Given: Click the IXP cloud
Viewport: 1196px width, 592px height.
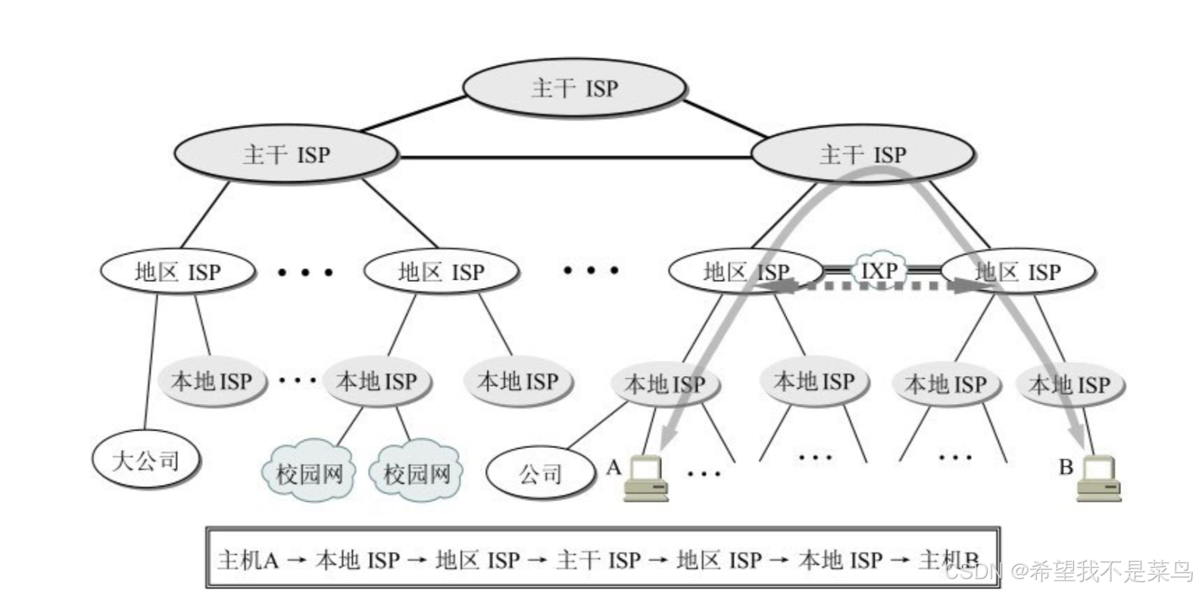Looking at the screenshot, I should [x=879, y=270].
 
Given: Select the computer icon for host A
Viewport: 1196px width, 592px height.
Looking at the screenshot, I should [x=645, y=480].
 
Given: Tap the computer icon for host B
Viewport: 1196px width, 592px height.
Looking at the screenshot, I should [x=1099, y=480].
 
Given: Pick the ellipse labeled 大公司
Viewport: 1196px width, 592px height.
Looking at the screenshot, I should [x=145, y=459].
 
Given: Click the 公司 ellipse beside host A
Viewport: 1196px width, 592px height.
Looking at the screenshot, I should [x=540, y=474].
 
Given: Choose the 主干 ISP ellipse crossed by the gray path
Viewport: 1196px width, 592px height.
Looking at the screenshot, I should [x=862, y=155].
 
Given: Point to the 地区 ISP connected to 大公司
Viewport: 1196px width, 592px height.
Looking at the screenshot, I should [x=177, y=272].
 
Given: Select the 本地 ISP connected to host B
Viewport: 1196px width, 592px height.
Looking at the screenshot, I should [x=1069, y=384].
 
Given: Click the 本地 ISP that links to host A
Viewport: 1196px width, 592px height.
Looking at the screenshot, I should [x=664, y=384].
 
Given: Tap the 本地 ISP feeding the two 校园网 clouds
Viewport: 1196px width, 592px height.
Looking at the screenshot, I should [x=376, y=381].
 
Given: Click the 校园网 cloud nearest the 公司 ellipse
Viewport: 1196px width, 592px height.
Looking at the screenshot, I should [x=417, y=474].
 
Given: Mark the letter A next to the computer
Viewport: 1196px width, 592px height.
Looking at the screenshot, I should [x=614, y=468].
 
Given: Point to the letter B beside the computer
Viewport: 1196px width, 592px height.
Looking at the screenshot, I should [x=1066, y=467].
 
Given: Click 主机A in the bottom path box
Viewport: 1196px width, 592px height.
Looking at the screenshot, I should [x=248, y=560].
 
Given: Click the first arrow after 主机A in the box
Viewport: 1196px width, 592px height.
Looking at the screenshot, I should [x=297, y=561].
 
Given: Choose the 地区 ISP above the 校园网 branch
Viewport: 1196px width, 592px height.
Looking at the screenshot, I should [x=441, y=272].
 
